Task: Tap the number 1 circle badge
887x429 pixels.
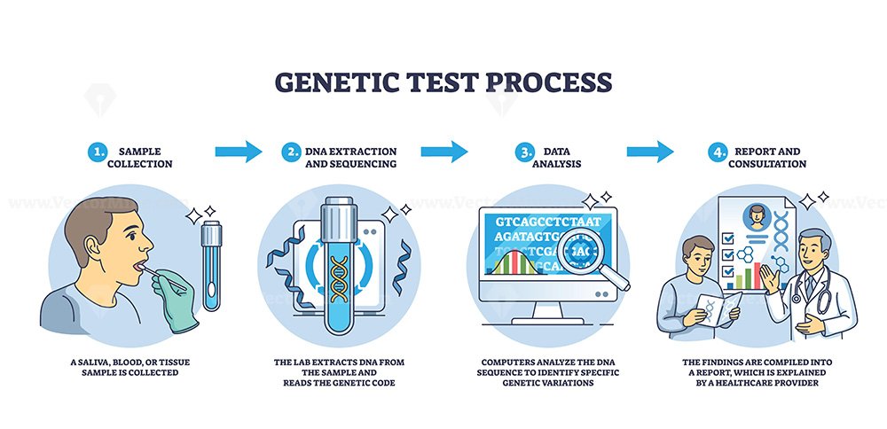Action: [x=97, y=152]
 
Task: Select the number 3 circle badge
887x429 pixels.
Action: [x=524, y=152]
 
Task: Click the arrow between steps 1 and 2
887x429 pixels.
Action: [x=238, y=152]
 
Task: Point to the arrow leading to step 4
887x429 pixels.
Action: [x=650, y=152]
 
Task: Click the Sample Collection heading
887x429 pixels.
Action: [x=145, y=158]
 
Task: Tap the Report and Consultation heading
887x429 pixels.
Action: [x=767, y=158]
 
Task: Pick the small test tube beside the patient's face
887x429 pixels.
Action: [x=212, y=265]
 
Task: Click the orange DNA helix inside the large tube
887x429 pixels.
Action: [x=339, y=278]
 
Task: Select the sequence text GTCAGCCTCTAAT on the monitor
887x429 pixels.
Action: [x=547, y=222]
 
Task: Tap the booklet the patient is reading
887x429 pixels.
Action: [x=718, y=308]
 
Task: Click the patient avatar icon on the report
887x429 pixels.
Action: [x=757, y=216]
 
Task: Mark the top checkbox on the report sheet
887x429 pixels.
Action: [x=728, y=238]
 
